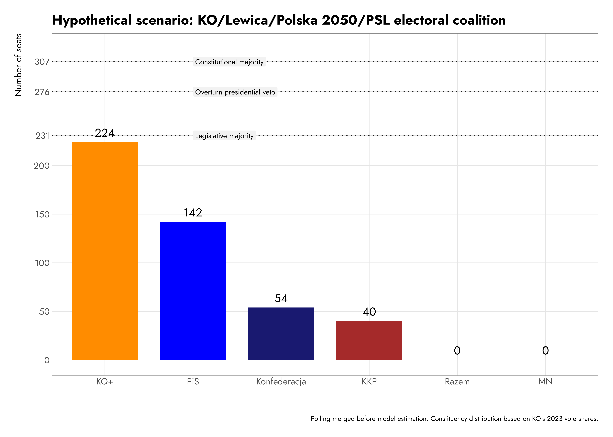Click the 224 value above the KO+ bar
[105, 133]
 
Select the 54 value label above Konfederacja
[281, 298]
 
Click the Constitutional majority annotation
[229, 62]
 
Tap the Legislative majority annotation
[224, 136]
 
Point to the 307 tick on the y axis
[42, 62]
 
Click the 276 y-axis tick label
[42, 92]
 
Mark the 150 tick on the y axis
[42, 214]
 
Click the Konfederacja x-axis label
[281, 382]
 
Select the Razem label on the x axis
[457, 382]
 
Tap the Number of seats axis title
[18, 65]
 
